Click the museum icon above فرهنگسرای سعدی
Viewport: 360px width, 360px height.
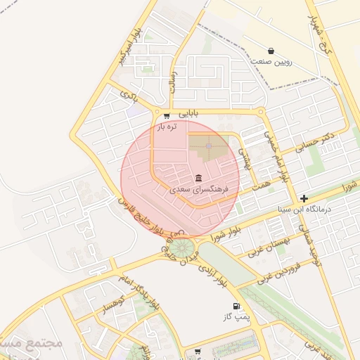pos(199,177)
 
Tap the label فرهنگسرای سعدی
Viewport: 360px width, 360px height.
pos(199,190)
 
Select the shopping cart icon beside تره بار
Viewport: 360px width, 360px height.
pos(166,116)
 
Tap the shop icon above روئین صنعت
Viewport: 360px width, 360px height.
pos(271,51)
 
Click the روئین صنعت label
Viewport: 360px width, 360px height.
pos(271,62)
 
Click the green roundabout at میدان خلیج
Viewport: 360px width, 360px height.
pos(182,247)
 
